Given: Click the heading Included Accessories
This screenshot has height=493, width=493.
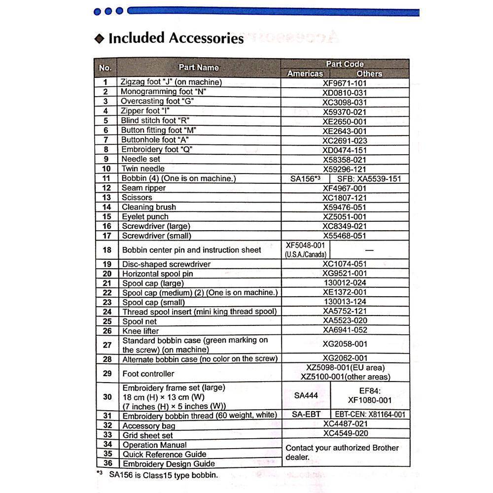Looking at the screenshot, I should click(176, 38).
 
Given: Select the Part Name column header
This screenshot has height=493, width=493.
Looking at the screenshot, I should click(198, 68).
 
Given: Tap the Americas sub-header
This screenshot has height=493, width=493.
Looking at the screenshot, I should click(305, 73).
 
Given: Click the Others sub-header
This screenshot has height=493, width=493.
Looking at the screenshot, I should click(369, 73).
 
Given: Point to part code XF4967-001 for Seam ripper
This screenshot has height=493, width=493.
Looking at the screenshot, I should click(345, 188).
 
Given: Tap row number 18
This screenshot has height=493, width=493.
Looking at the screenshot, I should click(107, 250).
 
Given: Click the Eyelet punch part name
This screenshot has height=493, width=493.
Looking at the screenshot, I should click(145, 216).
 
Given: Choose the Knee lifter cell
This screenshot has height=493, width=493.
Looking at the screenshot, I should click(141, 331).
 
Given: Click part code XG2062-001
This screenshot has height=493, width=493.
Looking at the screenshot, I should click(345, 358).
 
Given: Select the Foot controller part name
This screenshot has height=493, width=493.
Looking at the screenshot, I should click(148, 374).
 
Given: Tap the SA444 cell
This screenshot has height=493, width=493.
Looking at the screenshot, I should click(306, 395).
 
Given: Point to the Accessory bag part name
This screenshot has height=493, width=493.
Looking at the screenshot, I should click(148, 425).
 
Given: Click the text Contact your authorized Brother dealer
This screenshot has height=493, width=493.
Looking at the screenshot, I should click(342, 452).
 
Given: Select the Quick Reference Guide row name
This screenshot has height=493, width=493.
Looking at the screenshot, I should click(164, 454).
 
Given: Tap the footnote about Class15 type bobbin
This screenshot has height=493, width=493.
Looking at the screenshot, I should click(163, 475).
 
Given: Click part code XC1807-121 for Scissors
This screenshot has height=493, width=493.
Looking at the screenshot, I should click(345, 198).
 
